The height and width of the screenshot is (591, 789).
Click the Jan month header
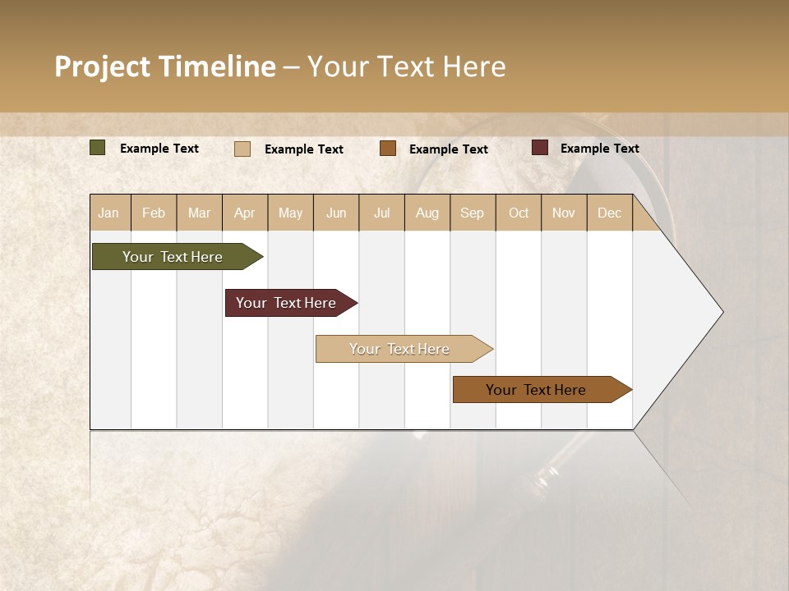coord(108,213)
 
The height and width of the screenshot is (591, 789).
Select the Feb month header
coord(154,213)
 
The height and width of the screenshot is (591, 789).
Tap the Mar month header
coord(199,213)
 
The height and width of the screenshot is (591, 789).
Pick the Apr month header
coord(244,213)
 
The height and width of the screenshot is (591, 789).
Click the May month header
coord(290,213)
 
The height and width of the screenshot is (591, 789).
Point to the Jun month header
coord(336,213)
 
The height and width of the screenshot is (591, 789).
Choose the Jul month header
coord(381,213)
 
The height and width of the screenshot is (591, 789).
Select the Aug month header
coord(427,213)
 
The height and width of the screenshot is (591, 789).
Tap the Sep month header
coord(472,213)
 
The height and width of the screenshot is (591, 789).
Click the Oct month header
coord(519,213)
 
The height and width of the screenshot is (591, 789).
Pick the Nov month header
coord(564,213)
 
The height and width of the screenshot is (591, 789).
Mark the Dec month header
coord(609,213)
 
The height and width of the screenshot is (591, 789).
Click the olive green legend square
coord(98,148)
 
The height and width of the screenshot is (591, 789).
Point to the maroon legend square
coord(540,148)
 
